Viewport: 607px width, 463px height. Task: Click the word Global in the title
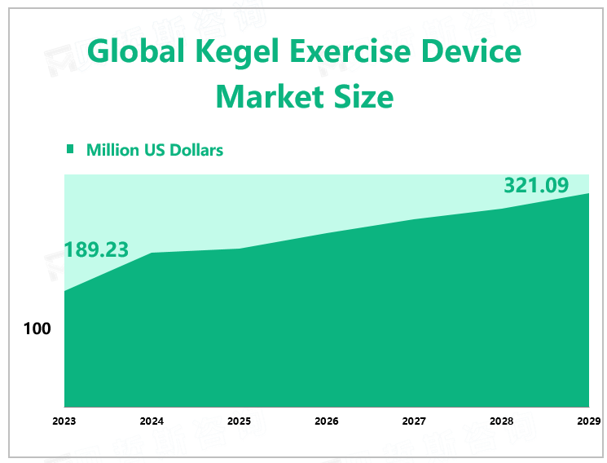[x=130, y=52]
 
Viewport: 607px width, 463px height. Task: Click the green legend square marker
[x=70, y=149]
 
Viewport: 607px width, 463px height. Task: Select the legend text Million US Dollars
[x=155, y=150]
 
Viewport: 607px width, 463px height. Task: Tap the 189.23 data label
[x=96, y=250]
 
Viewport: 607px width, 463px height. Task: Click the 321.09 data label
[x=535, y=186]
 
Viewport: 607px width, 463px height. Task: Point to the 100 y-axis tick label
[x=37, y=329]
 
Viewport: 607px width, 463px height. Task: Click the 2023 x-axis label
[x=64, y=421]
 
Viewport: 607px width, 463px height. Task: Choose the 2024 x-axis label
[x=152, y=421]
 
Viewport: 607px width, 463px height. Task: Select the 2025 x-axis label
[x=239, y=421]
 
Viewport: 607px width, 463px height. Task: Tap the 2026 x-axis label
[x=327, y=421]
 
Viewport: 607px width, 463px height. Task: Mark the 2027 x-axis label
[x=414, y=421]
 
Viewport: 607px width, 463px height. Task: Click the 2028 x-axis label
[x=501, y=421]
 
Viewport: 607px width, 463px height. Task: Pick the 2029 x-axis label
[x=588, y=421]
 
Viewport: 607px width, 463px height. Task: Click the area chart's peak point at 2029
[x=588, y=193]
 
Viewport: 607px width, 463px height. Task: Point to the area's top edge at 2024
[x=152, y=253]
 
